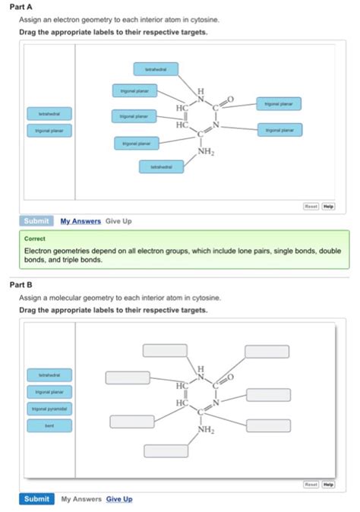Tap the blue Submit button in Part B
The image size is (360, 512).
point(36,499)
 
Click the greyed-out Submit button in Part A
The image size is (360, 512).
point(36,221)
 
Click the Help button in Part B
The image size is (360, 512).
point(328,483)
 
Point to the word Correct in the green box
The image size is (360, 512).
point(35,238)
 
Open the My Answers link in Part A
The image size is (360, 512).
point(81,221)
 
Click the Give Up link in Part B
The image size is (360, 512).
point(119,499)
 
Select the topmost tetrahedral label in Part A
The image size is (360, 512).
point(156,69)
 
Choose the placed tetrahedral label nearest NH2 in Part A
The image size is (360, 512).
point(161,166)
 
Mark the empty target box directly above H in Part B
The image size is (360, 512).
point(165,351)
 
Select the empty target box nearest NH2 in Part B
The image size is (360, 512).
point(166,450)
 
